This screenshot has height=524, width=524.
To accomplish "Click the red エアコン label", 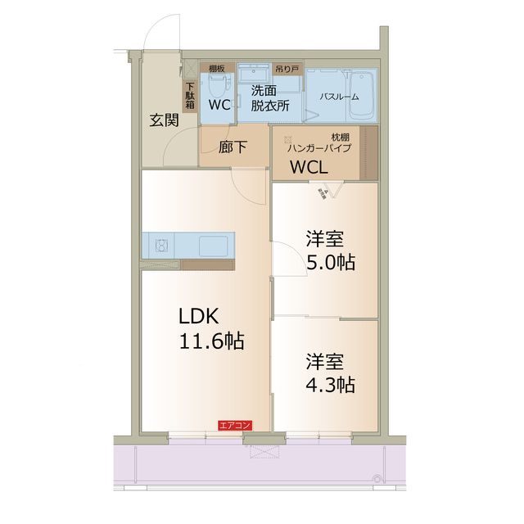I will (x=235, y=425).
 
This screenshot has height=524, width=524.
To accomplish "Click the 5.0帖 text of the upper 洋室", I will (x=331, y=264).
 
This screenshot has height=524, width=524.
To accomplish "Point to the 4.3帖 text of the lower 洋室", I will (x=331, y=383).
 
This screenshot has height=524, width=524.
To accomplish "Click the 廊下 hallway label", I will (x=233, y=148).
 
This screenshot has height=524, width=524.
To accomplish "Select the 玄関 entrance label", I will (x=164, y=120).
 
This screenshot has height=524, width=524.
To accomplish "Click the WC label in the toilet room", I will (x=219, y=105).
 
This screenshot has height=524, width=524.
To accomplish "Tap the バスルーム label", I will (x=338, y=97).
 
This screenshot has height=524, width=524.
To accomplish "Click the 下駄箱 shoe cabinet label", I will (x=190, y=95).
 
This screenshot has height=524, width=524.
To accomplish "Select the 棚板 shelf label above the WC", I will (x=217, y=69).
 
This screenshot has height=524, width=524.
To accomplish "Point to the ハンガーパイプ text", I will (x=318, y=148).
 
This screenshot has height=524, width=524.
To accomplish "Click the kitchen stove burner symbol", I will (x=161, y=245).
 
